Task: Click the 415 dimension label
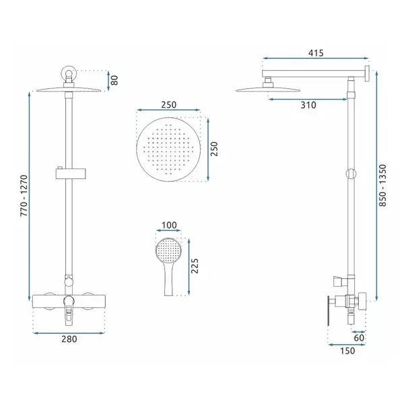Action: coord(316,53)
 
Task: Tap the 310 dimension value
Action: coord(308,105)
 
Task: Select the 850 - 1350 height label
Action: coord(383,185)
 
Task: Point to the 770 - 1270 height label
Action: coord(24,195)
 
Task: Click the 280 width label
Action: coord(69,339)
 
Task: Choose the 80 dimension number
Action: coord(114,80)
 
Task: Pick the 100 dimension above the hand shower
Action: coord(169,225)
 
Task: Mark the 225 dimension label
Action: coord(195,266)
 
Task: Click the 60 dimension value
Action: coord(359,338)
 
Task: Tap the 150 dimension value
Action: coord(347,351)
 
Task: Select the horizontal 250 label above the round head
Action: coord(169,105)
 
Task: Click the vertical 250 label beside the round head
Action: coord(214,149)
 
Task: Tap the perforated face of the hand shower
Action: coord(168,250)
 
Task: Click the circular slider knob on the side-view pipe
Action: coord(351,174)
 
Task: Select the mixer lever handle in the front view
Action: coord(69,310)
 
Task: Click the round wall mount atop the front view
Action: coord(69,73)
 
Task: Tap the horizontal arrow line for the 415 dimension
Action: coord(316,59)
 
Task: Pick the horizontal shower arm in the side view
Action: coord(314,73)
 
